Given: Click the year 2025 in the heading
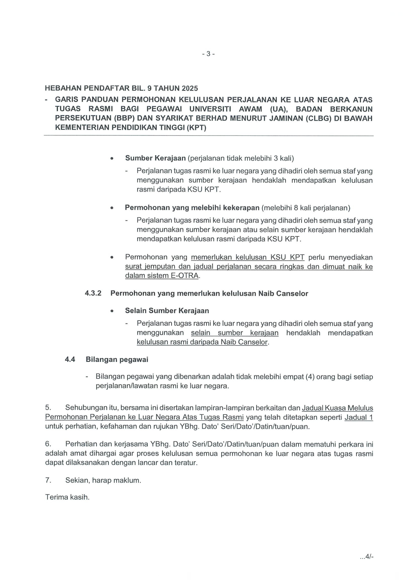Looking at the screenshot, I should coord(190,89).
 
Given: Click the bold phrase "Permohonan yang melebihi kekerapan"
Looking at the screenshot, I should coord(192,208).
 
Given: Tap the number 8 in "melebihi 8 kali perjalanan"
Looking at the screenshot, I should coord(296,208).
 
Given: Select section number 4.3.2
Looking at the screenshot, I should coord(93,293).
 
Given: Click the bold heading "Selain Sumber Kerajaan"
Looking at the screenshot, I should coord(167,311).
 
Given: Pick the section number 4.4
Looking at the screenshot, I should coord(70,360).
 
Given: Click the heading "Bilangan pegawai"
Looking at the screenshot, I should coord(117,360).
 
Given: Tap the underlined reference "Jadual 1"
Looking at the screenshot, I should coord(359,417).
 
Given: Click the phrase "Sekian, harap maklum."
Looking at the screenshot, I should coord(103,480).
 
